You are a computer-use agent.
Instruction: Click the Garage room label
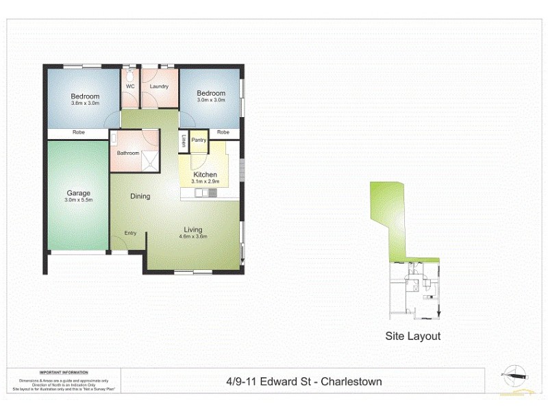pyautogui.click(x=79, y=193)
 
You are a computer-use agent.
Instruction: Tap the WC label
pyautogui.click(x=130, y=86)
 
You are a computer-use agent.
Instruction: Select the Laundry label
pyautogui.click(x=160, y=86)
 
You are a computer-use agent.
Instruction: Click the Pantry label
pyautogui.click(x=199, y=140)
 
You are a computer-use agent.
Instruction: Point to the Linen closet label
pyautogui.click(x=184, y=141)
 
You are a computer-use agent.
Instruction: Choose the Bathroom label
pyautogui.click(x=128, y=153)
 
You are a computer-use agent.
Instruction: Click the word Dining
pyautogui.click(x=140, y=197)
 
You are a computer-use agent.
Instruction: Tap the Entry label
pyautogui.click(x=130, y=233)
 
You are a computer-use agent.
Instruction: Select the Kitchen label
pyautogui.click(x=205, y=175)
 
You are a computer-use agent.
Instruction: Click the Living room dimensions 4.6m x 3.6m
pyautogui.click(x=192, y=237)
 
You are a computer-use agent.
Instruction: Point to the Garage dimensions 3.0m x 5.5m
pyautogui.click(x=79, y=201)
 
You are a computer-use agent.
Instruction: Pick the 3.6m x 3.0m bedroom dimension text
pyautogui.click(x=85, y=103)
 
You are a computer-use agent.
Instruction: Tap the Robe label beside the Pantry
pyautogui.click(x=223, y=132)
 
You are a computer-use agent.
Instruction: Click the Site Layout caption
pyautogui.click(x=412, y=336)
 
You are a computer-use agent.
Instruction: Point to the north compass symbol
pyautogui.click(x=515, y=374)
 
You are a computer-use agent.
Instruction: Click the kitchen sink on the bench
pyautogui.click(x=203, y=193)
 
